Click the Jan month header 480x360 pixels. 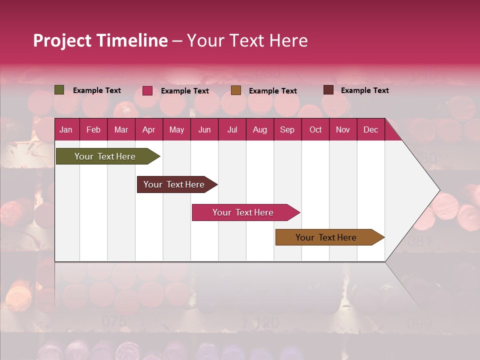(66, 129)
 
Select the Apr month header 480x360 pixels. (149, 129)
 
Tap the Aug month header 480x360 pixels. (259, 129)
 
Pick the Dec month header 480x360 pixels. (370, 129)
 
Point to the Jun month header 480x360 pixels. (204, 129)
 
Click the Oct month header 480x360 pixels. (315, 129)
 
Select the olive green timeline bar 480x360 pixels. (105, 156)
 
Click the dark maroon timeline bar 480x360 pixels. (174, 184)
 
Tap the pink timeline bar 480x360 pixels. (243, 212)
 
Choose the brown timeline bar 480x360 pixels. (326, 237)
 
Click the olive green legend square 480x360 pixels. (59, 90)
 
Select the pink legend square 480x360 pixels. (147, 90)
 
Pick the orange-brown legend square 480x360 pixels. (236, 90)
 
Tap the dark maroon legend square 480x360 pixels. (328, 90)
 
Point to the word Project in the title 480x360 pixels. (62, 40)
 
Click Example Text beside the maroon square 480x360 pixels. (364, 90)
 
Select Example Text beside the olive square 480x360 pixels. (97, 90)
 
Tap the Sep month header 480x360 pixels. (287, 129)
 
